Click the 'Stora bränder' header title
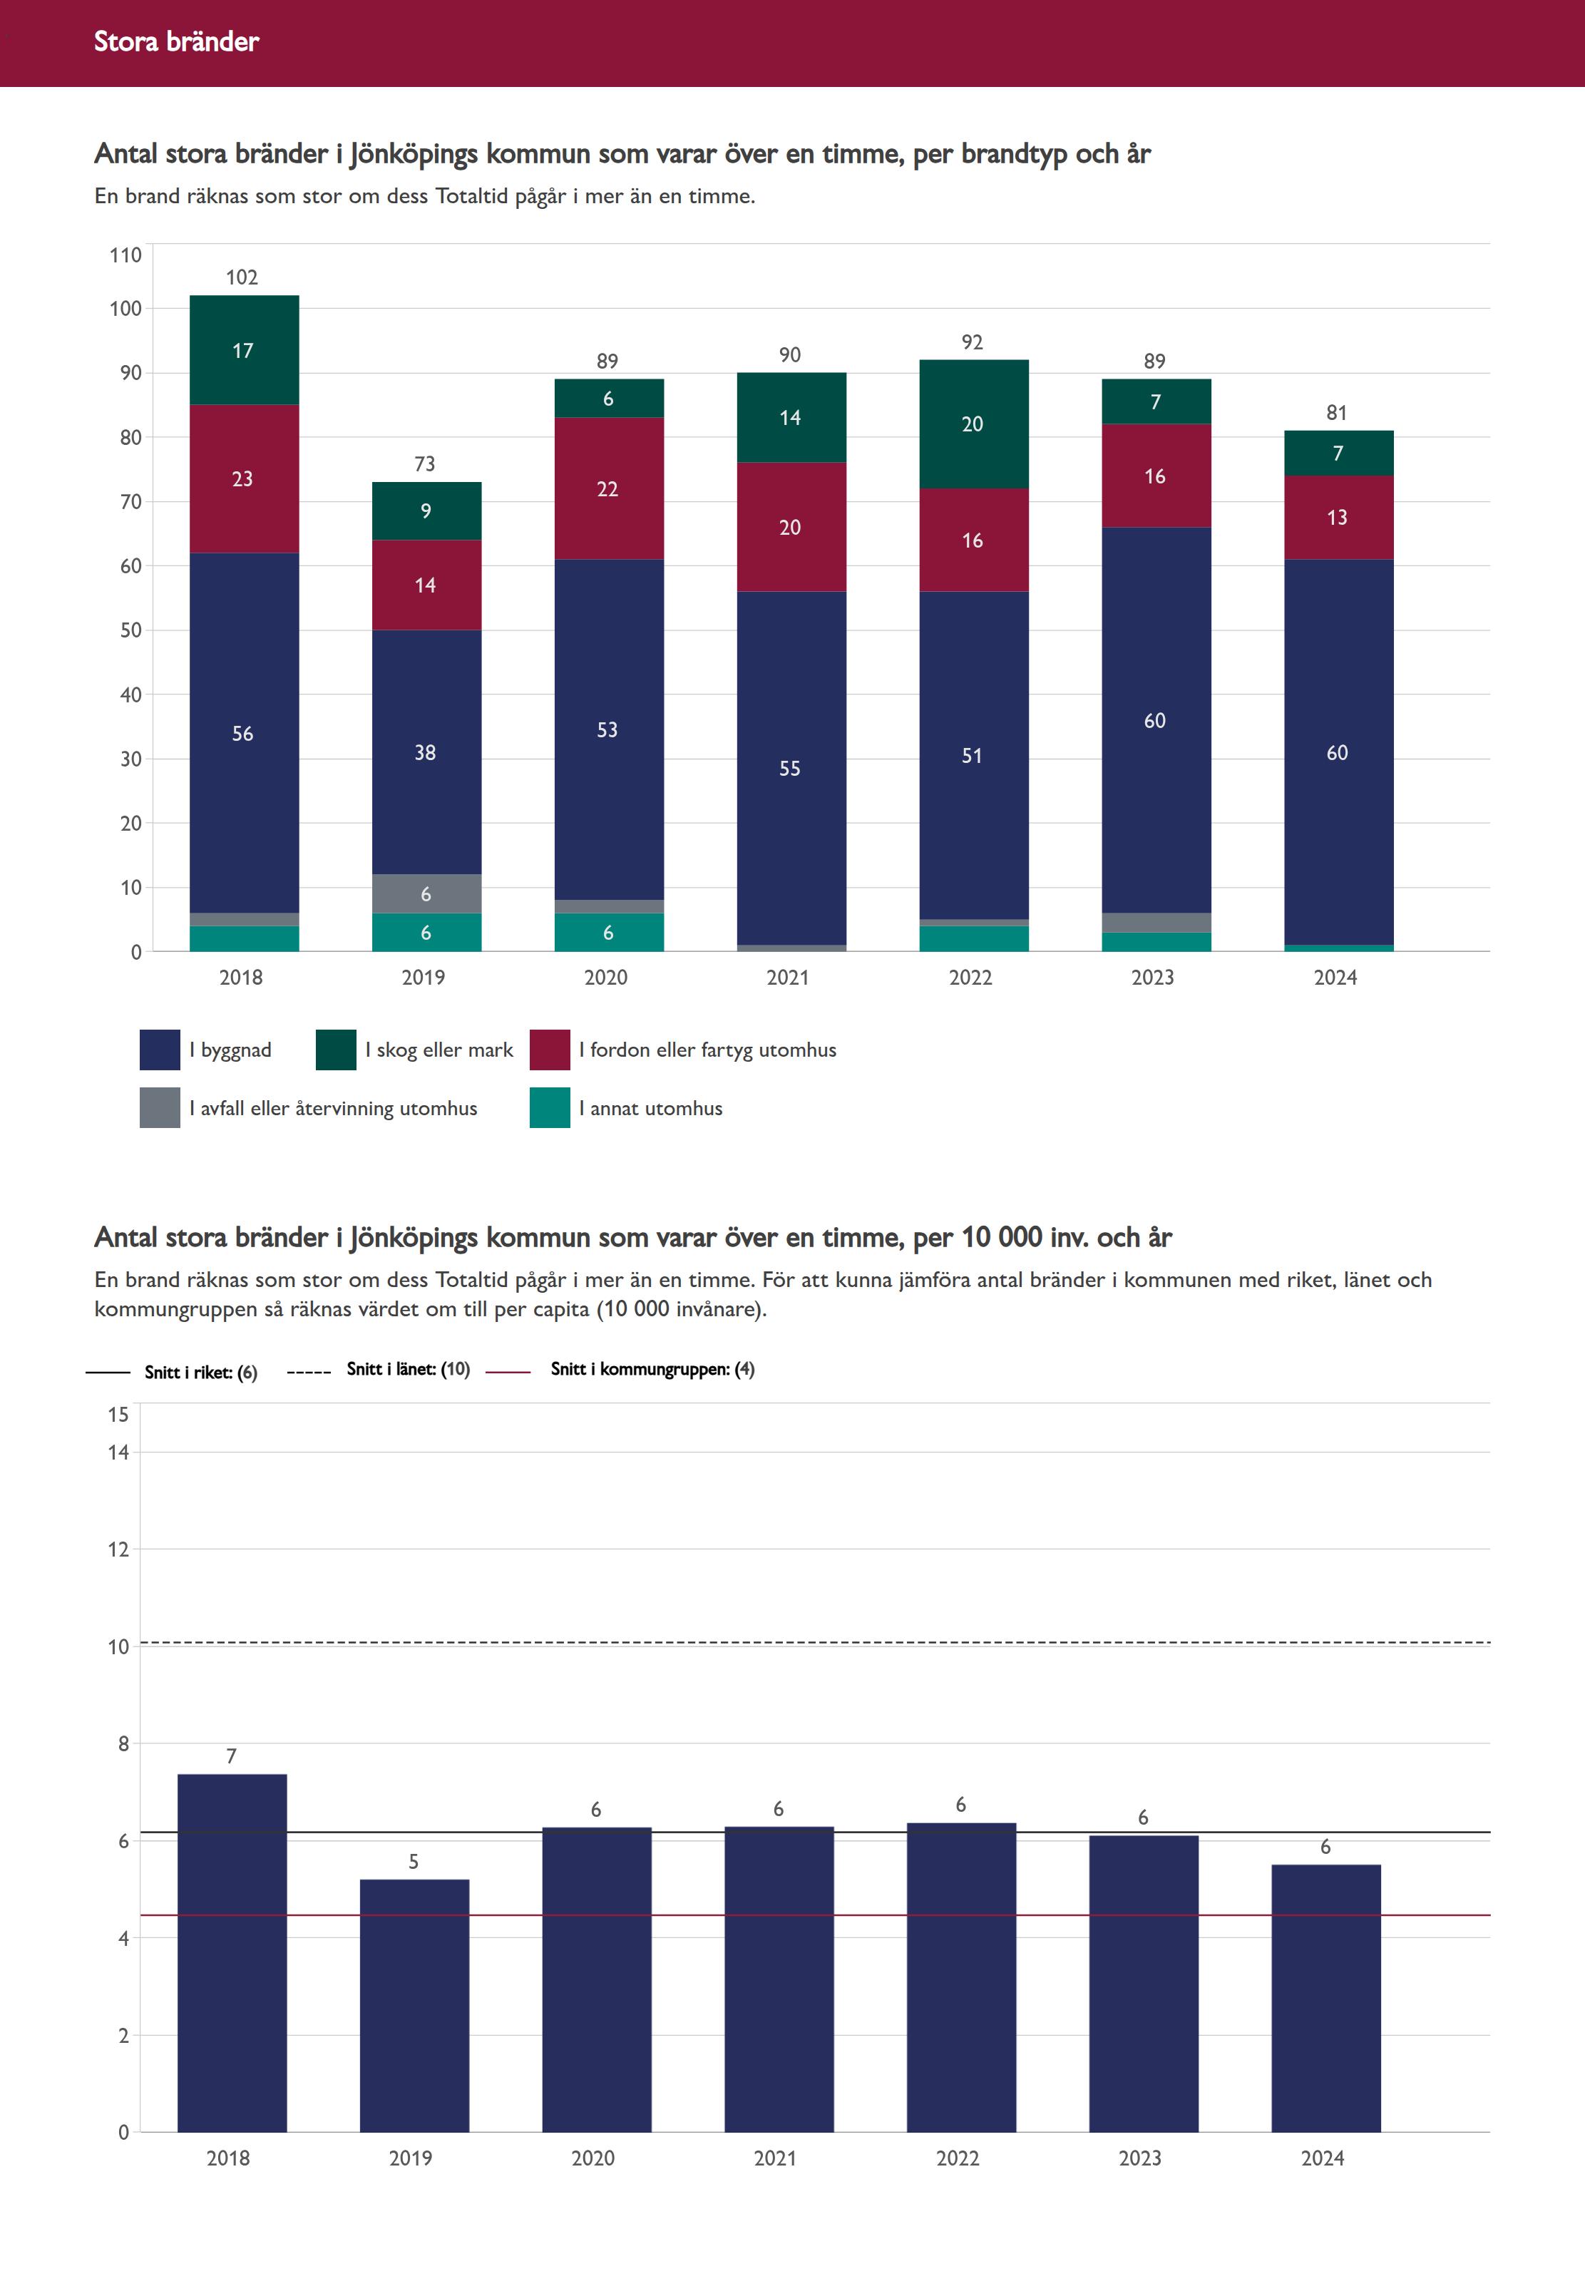(176, 41)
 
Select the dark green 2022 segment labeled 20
(973, 424)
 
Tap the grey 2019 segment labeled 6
(426, 893)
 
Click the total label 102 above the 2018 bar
(242, 278)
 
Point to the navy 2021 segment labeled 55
(791, 768)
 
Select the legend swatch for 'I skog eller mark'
(336, 1050)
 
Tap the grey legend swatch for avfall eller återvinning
(160, 1108)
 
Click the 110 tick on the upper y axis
(125, 255)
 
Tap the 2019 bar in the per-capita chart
(414, 2006)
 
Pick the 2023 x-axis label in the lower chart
(1139, 2158)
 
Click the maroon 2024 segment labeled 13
(1338, 518)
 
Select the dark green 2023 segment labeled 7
(1156, 402)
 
